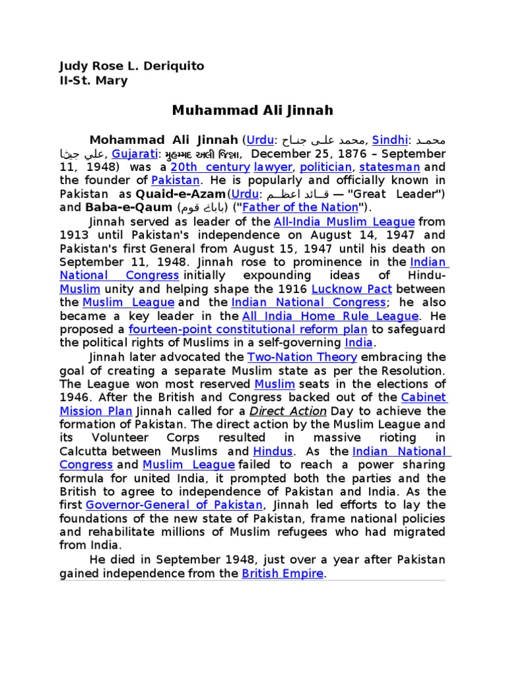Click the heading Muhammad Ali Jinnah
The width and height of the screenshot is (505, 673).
(252, 110)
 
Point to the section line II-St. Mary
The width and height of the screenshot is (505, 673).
(93, 81)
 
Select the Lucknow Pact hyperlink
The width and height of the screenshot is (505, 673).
(351, 289)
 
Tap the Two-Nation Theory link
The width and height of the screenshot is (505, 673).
(302, 357)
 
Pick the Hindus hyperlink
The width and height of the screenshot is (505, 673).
(273, 452)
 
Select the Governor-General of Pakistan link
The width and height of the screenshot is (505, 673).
(174, 505)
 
